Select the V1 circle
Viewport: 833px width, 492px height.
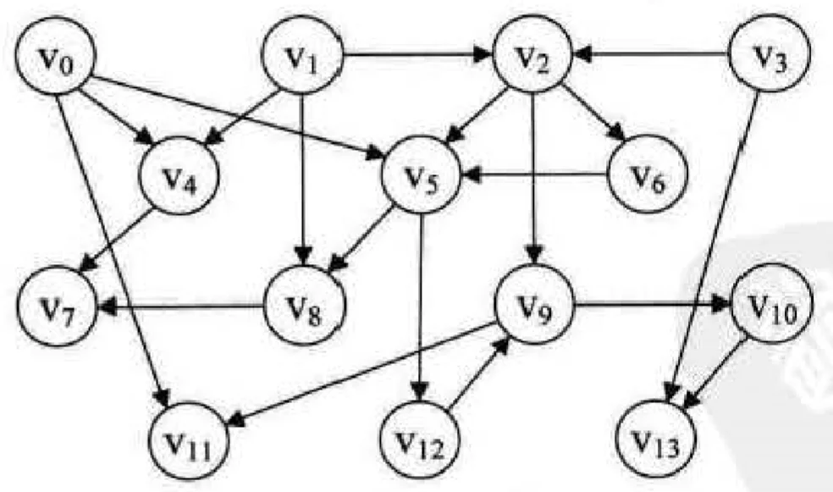point(303,60)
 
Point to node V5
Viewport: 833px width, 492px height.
point(422,178)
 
